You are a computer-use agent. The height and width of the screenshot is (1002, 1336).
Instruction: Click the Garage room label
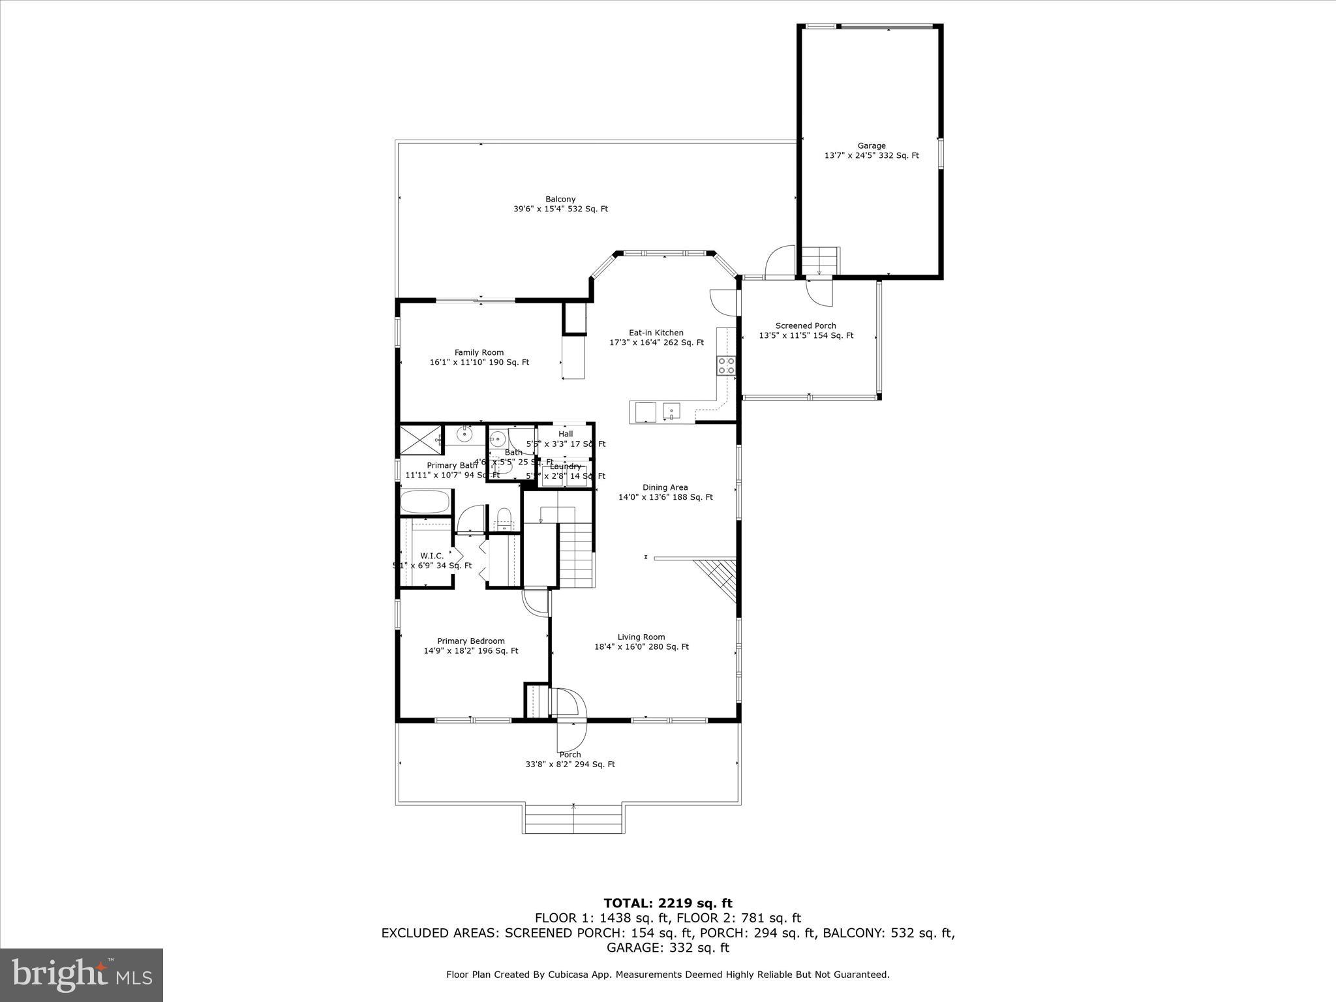[872, 151]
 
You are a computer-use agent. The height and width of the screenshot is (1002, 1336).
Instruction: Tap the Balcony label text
[560, 204]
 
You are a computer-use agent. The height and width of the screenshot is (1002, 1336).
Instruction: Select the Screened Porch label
[806, 331]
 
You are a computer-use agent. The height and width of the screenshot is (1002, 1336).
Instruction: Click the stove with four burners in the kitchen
[726, 365]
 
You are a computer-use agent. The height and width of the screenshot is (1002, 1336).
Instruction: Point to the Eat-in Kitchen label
[656, 337]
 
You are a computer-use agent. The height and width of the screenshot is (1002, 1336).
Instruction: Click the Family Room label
[479, 357]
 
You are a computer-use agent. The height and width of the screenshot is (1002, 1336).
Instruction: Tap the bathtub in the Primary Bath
[425, 502]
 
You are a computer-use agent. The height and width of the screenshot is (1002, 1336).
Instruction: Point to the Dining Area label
[665, 492]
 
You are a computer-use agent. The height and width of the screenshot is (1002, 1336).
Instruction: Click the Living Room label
[641, 642]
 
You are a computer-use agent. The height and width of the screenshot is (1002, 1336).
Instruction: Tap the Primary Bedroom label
[471, 646]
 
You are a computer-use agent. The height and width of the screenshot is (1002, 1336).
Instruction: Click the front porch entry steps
[573, 819]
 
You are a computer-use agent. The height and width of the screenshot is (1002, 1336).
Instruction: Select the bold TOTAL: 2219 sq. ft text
[668, 903]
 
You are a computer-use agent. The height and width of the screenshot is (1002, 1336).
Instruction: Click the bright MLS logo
[82, 975]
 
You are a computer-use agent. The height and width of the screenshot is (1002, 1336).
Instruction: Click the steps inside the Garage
[820, 261]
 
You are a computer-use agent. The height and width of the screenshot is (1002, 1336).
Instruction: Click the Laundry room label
[565, 466]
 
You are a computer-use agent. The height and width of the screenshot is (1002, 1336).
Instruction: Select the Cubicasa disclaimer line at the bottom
[668, 975]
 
